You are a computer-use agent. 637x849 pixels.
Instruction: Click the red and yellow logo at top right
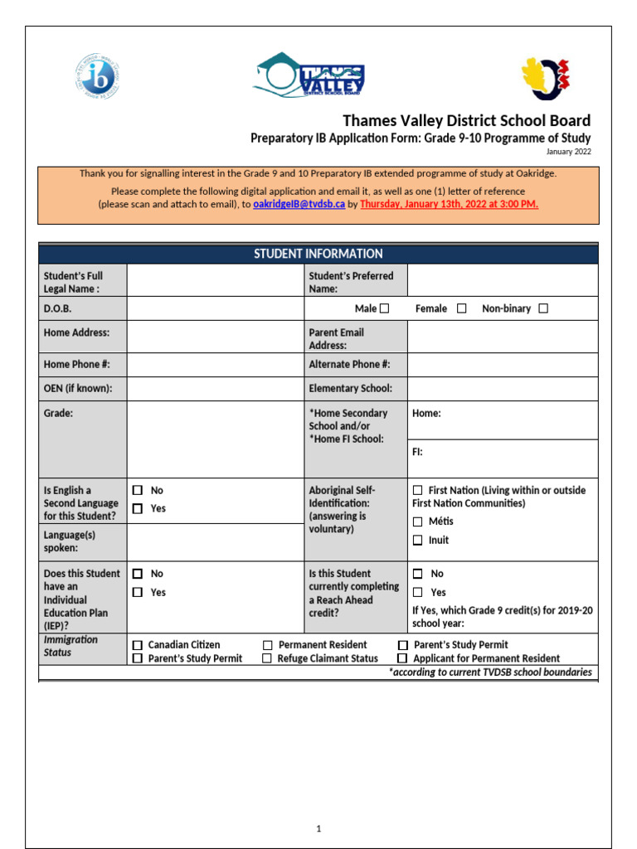546,78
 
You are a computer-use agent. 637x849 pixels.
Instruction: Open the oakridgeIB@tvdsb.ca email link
299,204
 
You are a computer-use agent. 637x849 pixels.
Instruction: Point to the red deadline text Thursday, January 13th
449,204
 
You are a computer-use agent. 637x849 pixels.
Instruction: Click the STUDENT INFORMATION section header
318,254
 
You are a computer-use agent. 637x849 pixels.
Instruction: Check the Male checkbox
384,308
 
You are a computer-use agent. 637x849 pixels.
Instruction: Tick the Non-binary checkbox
543,308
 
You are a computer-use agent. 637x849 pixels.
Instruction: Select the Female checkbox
462,308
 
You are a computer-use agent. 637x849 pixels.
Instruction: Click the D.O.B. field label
58,308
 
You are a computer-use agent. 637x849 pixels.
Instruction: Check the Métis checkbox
418,522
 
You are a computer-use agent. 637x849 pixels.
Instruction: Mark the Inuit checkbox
418,541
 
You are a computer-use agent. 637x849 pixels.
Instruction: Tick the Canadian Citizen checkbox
138,645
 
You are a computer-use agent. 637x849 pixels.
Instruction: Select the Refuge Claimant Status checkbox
268,658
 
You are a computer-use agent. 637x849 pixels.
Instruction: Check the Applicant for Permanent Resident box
402,658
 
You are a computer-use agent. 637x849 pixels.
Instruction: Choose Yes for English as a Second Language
138,508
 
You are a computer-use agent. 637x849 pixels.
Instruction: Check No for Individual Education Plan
138,574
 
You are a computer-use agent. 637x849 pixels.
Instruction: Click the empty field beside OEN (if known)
216,388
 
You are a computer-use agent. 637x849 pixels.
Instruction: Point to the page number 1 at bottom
318,828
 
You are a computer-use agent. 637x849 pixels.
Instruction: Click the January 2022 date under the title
568,152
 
